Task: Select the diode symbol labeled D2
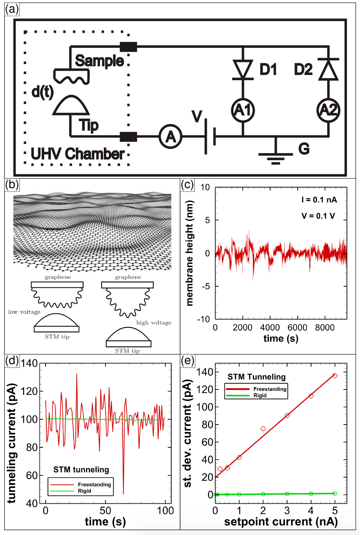pyautogui.click(x=328, y=70)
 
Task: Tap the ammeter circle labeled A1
pyautogui.click(x=243, y=110)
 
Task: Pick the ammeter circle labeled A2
pyautogui.click(x=328, y=110)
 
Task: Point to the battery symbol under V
pyautogui.click(x=210, y=137)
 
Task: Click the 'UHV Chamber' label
pyautogui.click(x=78, y=154)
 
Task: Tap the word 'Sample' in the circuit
pyautogui.click(x=99, y=61)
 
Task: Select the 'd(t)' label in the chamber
pyautogui.click(x=43, y=92)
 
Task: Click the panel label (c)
pyautogui.click(x=187, y=184)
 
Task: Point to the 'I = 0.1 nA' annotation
pyautogui.click(x=319, y=200)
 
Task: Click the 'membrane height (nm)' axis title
pyautogui.click(x=190, y=253)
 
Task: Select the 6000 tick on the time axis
pyautogui.click(x=297, y=327)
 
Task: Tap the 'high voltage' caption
pyautogui.click(x=154, y=323)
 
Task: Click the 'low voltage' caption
pyautogui.click(x=24, y=312)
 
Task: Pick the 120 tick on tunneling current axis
pyautogui.click(x=29, y=391)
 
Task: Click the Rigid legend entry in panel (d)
pyautogui.click(x=84, y=491)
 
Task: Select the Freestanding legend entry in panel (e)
pyautogui.click(x=270, y=389)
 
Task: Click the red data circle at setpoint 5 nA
pyautogui.click(x=335, y=376)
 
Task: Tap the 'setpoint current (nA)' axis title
pyautogui.click(x=281, y=521)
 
